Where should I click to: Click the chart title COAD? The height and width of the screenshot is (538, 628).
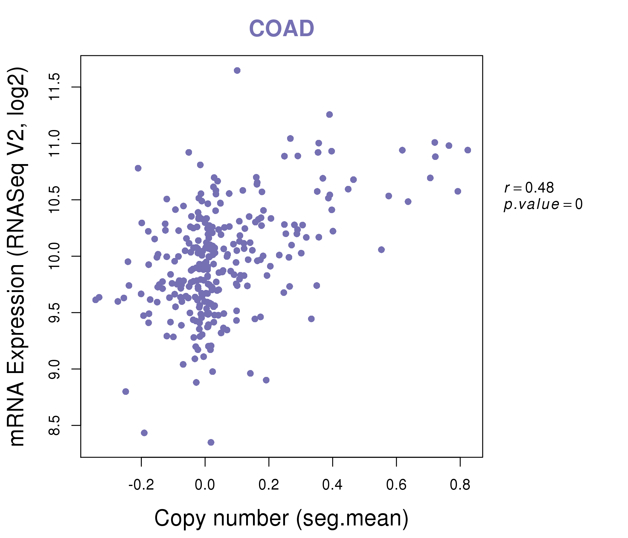click(x=281, y=28)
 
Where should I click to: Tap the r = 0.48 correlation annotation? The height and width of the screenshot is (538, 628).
click(x=529, y=188)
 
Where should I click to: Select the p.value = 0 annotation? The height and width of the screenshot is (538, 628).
click(x=543, y=204)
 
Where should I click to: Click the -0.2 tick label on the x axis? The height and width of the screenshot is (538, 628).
click(x=141, y=485)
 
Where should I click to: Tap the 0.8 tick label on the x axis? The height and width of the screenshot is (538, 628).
click(x=460, y=485)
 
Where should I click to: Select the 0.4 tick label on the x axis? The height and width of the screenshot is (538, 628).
click(x=332, y=485)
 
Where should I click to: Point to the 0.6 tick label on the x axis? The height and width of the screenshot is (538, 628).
click(x=396, y=485)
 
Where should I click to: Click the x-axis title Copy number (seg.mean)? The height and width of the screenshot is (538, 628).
click(x=281, y=518)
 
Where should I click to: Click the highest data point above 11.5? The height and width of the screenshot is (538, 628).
click(x=237, y=71)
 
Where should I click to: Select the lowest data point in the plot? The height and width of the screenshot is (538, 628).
click(x=211, y=442)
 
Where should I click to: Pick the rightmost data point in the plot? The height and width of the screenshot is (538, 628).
click(x=468, y=150)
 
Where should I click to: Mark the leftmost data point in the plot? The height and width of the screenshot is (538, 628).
click(x=96, y=299)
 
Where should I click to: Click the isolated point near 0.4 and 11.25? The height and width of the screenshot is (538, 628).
click(x=330, y=114)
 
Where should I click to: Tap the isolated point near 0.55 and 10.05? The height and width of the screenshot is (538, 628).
click(x=381, y=250)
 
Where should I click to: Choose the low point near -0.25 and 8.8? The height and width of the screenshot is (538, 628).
click(x=126, y=392)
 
